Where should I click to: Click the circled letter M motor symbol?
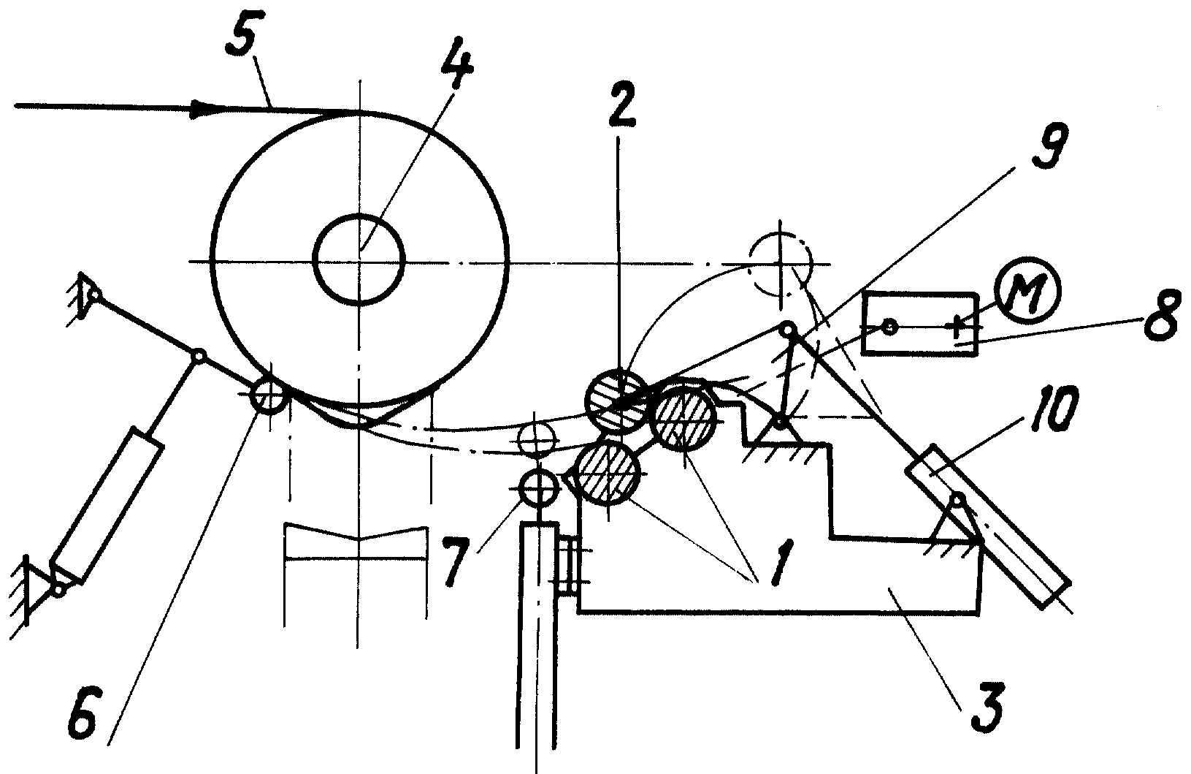click(1028, 290)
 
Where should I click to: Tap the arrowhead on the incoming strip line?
click(208, 107)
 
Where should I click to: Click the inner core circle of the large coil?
click(359, 259)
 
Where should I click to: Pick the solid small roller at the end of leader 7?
click(538, 487)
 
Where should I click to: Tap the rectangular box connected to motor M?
click(919, 324)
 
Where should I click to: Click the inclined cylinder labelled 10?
click(989, 526)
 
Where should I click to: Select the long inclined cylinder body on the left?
click(107, 506)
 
